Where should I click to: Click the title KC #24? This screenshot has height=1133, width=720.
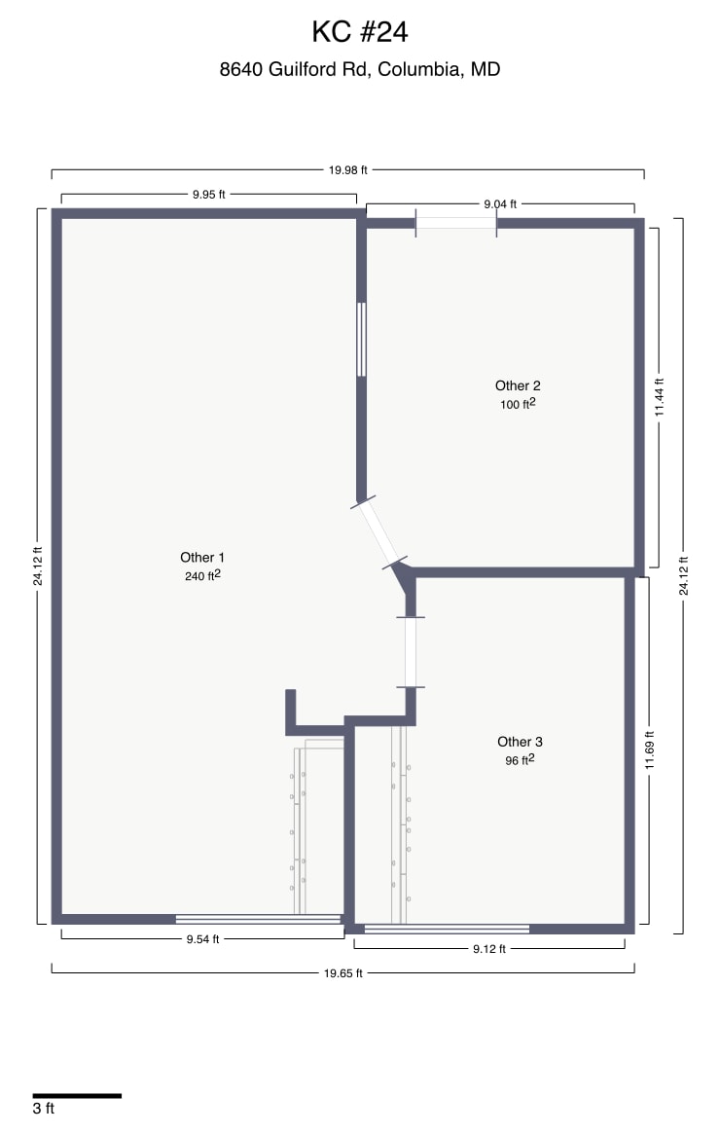[x=359, y=32]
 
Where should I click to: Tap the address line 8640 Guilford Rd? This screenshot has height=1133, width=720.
[x=359, y=69]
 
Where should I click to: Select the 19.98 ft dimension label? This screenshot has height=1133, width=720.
[x=347, y=169]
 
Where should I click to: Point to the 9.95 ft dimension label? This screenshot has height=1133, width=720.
[x=208, y=194]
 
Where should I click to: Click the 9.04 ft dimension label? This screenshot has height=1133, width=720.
[x=500, y=204]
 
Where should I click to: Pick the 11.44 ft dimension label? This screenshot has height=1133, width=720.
[x=659, y=397]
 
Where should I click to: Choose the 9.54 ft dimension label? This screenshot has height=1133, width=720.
[x=202, y=939]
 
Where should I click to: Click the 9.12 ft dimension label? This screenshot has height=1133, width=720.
[x=488, y=949]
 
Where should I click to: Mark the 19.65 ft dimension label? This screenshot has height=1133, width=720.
[x=343, y=972]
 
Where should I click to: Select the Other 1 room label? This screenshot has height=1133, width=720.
[x=202, y=558]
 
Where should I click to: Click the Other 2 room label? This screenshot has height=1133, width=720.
[x=518, y=386]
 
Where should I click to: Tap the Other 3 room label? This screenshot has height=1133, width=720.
[x=520, y=742]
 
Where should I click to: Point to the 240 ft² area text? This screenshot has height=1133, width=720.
[x=202, y=575]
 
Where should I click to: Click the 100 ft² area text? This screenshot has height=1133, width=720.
[x=518, y=404]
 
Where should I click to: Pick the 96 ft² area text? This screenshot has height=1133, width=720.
[x=520, y=760]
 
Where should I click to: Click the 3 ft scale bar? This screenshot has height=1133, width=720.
[x=77, y=1096]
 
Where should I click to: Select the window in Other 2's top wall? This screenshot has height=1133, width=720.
[x=456, y=223]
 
